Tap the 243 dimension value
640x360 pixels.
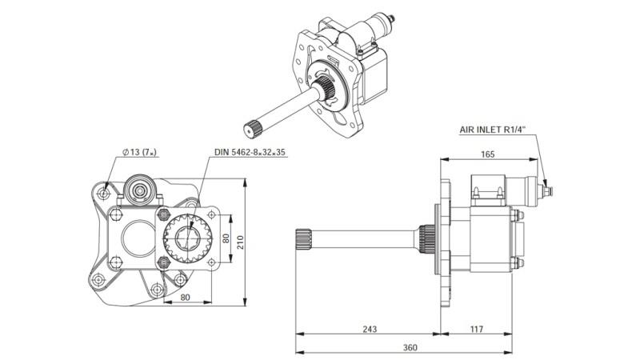(x=369, y=329)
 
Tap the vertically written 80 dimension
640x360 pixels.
(x=226, y=238)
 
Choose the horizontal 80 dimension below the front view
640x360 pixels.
(x=185, y=298)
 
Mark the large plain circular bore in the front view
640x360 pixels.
(x=134, y=238)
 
